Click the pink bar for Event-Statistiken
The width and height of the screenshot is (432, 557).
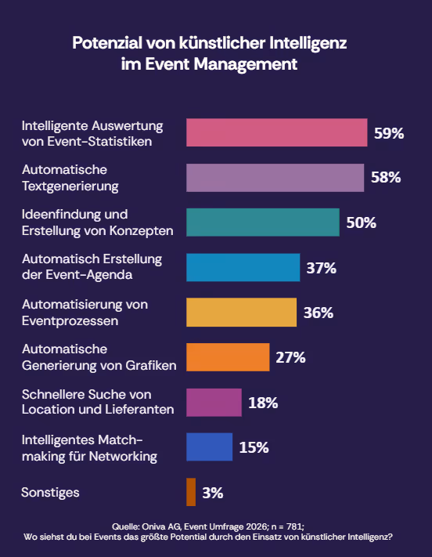pos(276,132)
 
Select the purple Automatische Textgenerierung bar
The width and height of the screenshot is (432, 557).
pos(275,178)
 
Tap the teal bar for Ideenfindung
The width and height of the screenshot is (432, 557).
pos(262,222)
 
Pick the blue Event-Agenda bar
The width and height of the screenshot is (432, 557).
pos(243,267)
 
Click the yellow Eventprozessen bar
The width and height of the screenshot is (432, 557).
pos(241,312)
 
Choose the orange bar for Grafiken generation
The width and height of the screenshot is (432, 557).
pos(228,357)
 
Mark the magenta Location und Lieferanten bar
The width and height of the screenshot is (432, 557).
pos(214,402)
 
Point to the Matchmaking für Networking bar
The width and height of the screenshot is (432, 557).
pos(209,447)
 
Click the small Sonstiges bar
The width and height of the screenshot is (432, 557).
pos(191,492)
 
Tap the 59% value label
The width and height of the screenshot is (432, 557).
pos(389,133)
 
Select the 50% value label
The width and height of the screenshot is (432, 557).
pos(361,222)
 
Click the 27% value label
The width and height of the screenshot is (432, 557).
pos(290,358)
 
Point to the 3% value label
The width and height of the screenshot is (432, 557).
pos(213,493)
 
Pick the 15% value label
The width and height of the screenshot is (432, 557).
pos(254,447)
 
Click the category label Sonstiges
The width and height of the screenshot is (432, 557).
pos(51,492)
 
